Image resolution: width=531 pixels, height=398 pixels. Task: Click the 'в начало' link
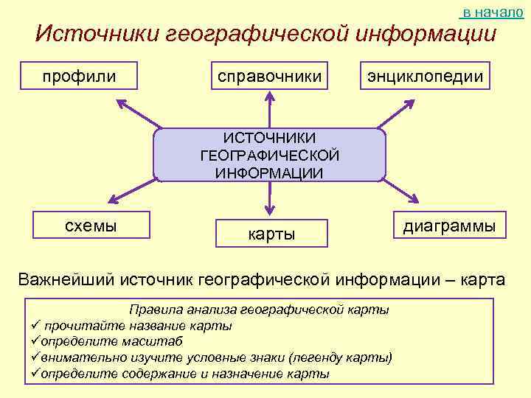[492, 13]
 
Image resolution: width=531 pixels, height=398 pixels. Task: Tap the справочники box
[268, 76]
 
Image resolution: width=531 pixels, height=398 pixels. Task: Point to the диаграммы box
[449, 226]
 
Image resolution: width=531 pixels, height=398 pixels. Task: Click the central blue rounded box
[269, 156]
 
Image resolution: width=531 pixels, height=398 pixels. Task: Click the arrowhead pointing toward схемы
[114, 198]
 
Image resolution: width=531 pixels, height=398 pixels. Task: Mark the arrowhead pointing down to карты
[270, 209]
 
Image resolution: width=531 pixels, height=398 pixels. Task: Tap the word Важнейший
[66, 280]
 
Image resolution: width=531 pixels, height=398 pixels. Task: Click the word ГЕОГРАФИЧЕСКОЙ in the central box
[269, 156]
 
